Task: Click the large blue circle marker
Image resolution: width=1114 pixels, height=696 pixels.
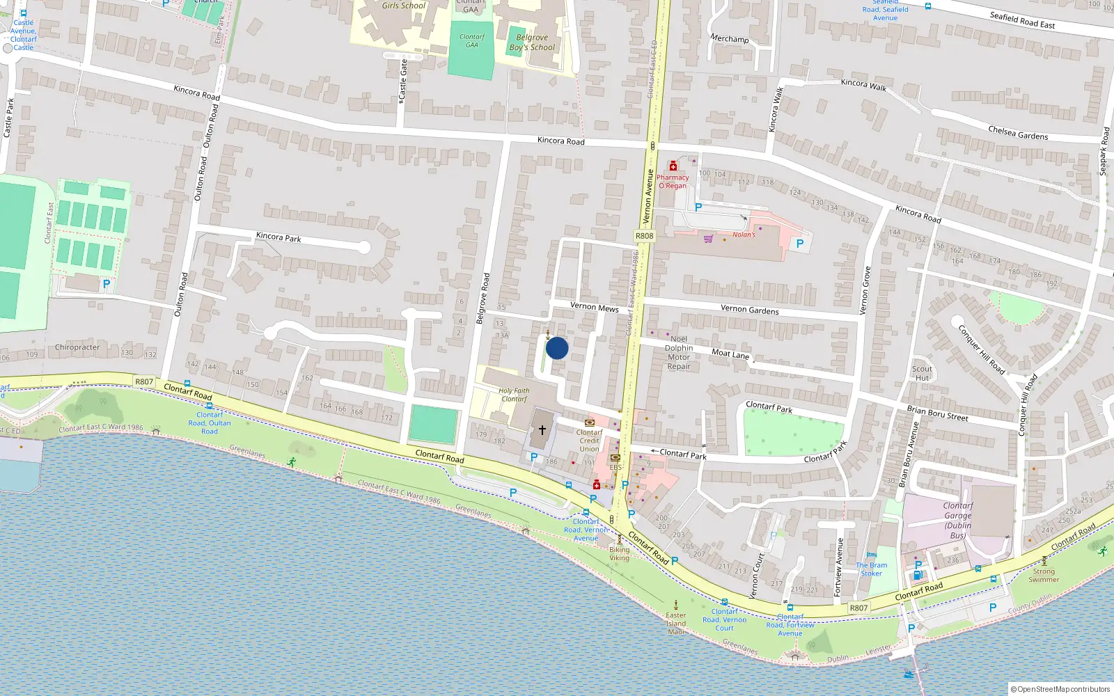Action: [x=557, y=348]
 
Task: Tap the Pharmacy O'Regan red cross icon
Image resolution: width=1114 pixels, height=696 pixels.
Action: [x=673, y=166]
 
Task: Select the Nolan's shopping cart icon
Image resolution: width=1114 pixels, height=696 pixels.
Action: [x=708, y=239]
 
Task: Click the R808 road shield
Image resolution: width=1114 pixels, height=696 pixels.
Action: [x=644, y=236]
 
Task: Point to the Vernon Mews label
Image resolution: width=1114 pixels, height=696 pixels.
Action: [x=594, y=307]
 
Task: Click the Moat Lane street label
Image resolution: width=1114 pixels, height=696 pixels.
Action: [x=730, y=354]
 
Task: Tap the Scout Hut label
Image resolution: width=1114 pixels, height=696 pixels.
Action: [x=922, y=374]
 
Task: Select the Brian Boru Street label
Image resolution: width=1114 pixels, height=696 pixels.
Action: [x=937, y=413]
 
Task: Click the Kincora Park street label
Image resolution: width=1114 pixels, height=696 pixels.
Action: [x=278, y=237]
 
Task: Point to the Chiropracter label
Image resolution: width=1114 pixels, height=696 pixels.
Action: [x=77, y=347]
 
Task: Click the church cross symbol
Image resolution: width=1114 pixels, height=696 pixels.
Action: [x=542, y=430]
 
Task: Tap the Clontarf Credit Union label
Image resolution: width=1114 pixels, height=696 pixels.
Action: [x=589, y=441]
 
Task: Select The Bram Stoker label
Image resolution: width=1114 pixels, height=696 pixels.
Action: [x=872, y=569]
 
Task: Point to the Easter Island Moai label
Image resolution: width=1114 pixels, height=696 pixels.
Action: [x=676, y=624]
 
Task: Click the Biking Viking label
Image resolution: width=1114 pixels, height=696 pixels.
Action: [x=619, y=554]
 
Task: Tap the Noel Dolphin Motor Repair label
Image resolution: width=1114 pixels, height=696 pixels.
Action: [x=679, y=353]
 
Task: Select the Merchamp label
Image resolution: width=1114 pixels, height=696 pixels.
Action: [x=729, y=38]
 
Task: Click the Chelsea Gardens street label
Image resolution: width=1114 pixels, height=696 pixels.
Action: [x=1018, y=132]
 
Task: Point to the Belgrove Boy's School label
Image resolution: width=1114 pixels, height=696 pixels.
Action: [x=532, y=42]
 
